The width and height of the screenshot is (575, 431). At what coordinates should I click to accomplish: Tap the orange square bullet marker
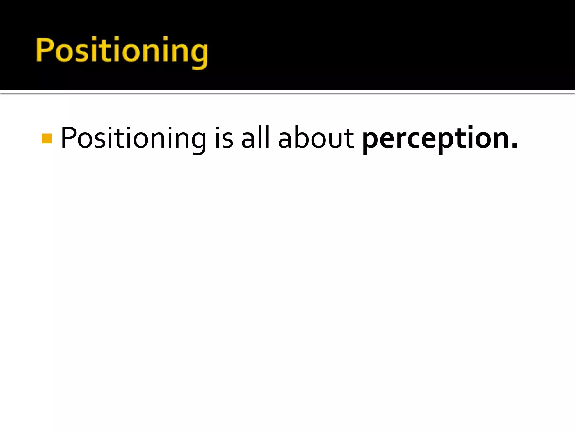pyautogui.click(x=47, y=138)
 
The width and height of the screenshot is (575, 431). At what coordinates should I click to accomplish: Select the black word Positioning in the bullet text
pyautogui.click(x=133, y=138)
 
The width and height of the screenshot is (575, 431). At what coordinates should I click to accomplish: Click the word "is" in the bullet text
pyautogui.click(x=224, y=138)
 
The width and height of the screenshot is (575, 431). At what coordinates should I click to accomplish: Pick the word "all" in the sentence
pyautogui.click(x=255, y=137)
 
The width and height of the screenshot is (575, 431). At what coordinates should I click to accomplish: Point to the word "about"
pyautogui.click(x=316, y=138)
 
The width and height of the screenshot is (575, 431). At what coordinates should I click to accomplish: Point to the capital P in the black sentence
pyautogui.click(x=68, y=137)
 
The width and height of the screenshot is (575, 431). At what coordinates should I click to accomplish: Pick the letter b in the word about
pyautogui.click(x=304, y=137)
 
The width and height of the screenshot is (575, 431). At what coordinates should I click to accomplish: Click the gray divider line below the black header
pyautogui.click(x=287, y=92)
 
